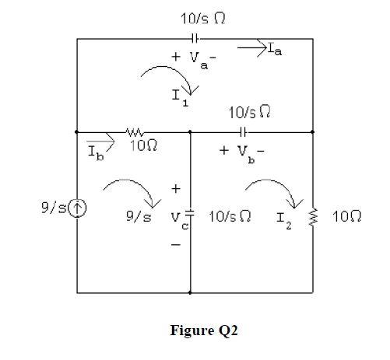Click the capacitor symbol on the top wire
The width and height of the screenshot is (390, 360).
coord(195,37)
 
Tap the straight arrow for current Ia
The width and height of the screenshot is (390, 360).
coord(251,48)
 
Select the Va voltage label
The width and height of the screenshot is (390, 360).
coord(195,58)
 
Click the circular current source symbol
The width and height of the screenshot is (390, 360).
coord(77,208)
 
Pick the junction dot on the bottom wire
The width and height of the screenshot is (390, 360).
coord(191,293)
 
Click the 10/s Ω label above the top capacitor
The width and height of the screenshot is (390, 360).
coord(195,17)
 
